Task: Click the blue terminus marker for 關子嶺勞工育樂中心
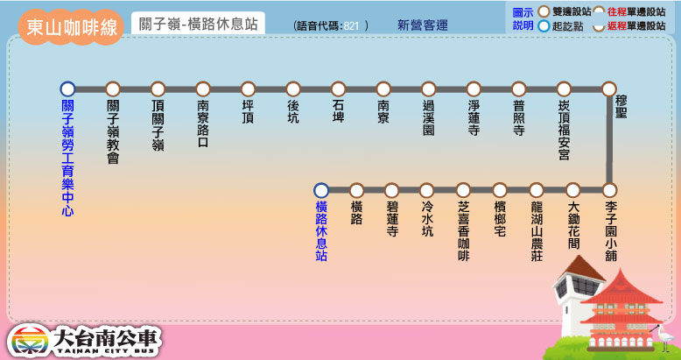click(x=67, y=88)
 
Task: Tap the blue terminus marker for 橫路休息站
click(x=320, y=190)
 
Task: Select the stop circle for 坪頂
click(x=248, y=88)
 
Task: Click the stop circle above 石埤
click(x=338, y=88)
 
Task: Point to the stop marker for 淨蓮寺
click(x=474, y=88)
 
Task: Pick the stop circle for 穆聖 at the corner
click(x=609, y=88)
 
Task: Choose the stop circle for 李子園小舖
click(x=609, y=190)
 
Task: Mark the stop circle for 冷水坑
click(x=427, y=190)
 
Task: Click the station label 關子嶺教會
click(x=113, y=131)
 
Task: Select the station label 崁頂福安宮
click(x=564, y=131)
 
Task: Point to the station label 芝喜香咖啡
click(x=464, y=231)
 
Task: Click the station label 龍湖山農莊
click(x=537, y=231)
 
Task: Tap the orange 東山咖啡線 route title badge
click(x=72, y=26)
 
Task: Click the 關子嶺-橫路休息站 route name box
click(x=198, y=25)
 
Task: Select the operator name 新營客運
click(x=422, y=25)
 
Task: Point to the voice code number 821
click(x=351, y=26)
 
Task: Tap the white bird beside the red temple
click(x=666, y=334)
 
